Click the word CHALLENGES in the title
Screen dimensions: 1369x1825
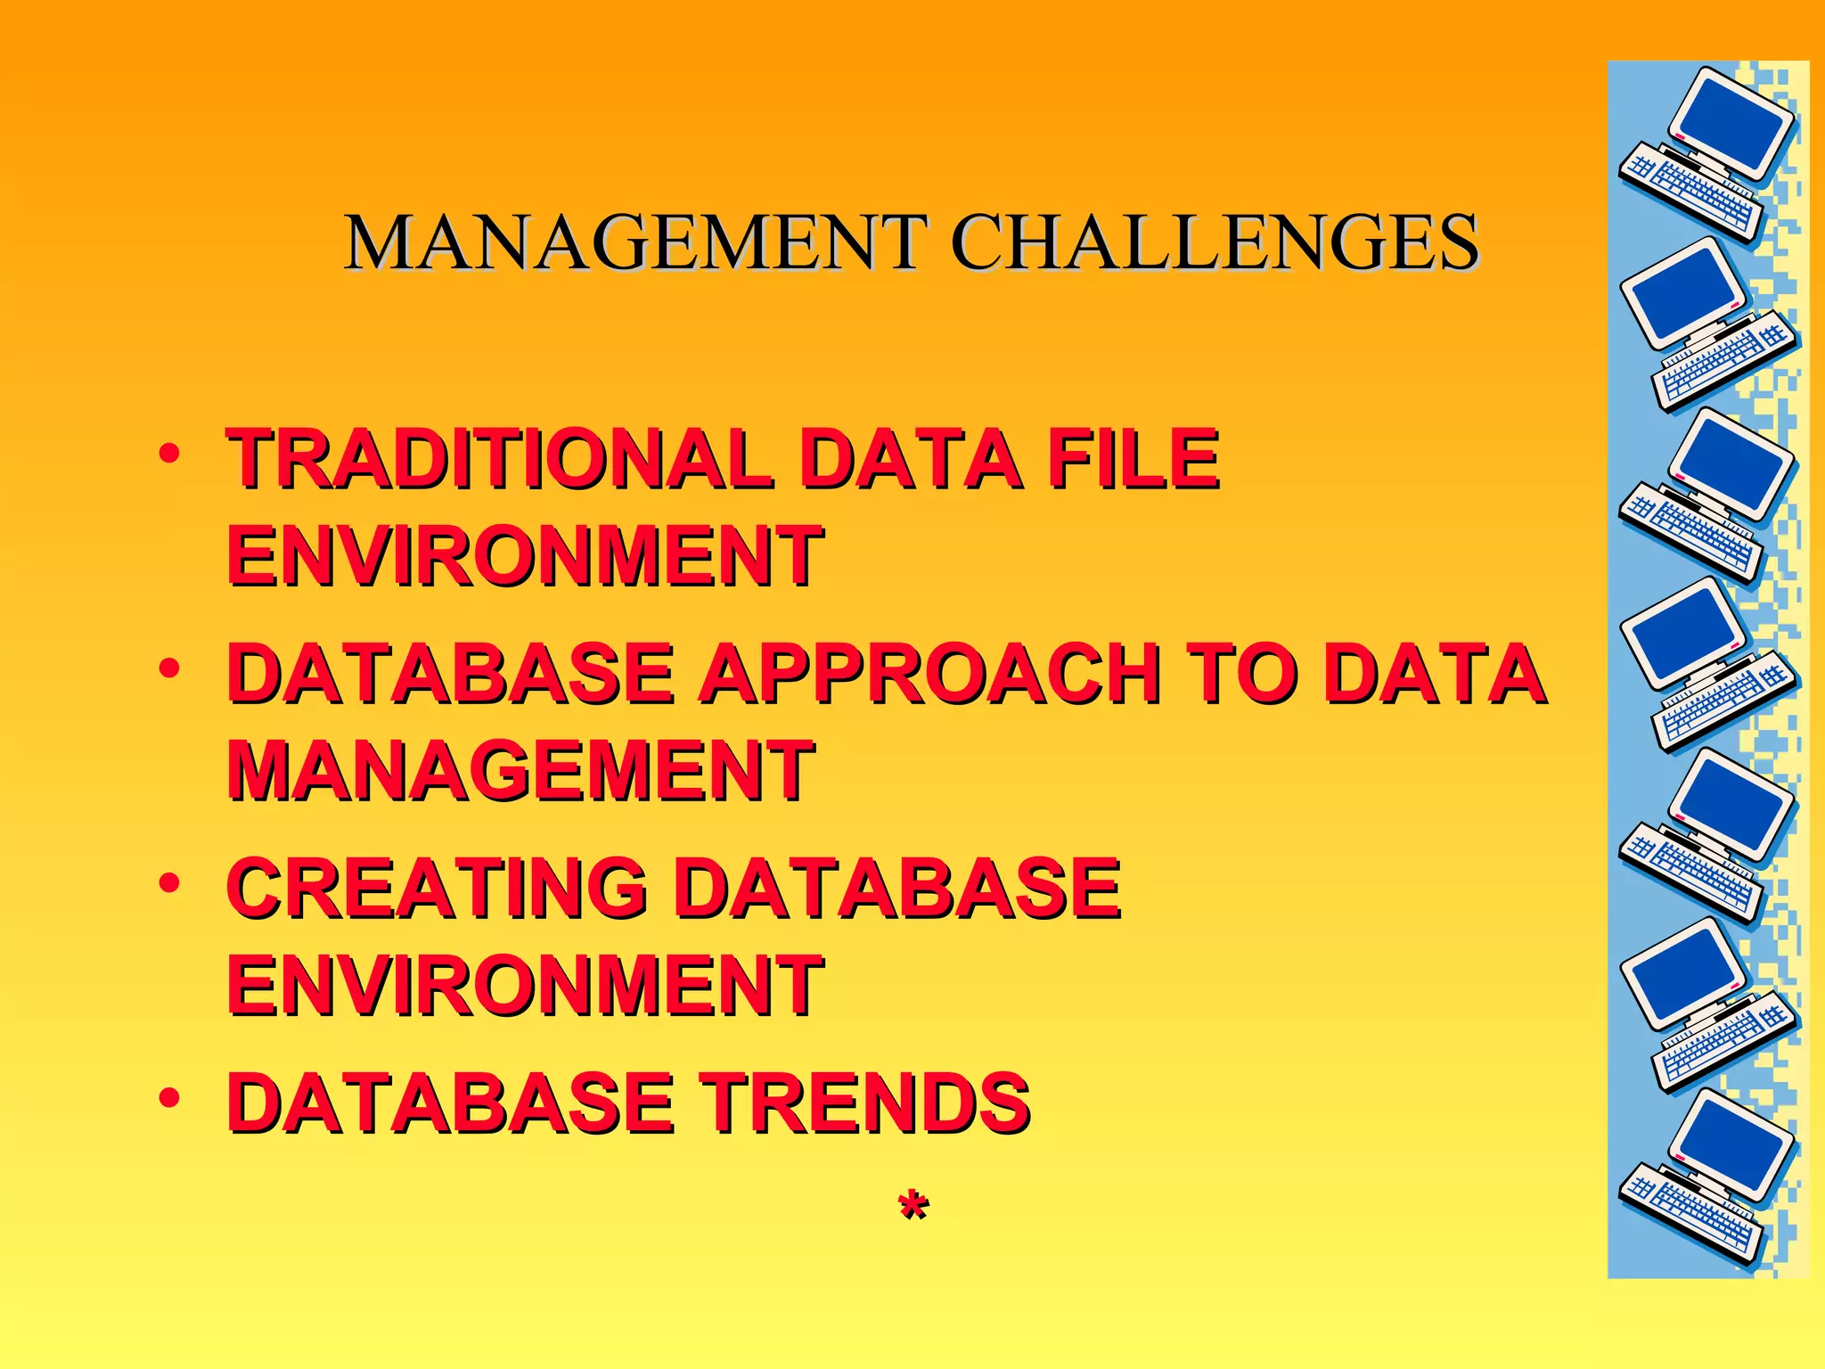(x=1215, y=242)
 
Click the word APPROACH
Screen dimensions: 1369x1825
(x=929, y=674)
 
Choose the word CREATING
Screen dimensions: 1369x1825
(x=437, y=888)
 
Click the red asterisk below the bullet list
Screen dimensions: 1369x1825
(x=912, y=1208)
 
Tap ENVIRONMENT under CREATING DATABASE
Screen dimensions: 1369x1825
(x=525, y=985)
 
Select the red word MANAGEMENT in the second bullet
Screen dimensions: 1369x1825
(x=521, y=770)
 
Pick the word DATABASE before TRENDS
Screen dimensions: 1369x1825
(x=450, y=1103)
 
